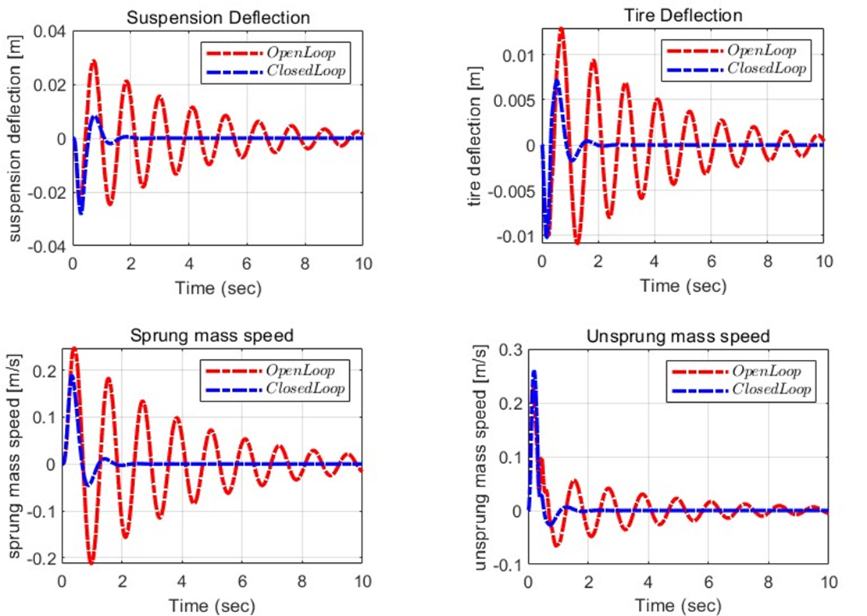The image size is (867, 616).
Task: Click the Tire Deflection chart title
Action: [x=682, y=14]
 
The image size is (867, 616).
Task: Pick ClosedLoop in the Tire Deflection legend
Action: [x=765, y=68]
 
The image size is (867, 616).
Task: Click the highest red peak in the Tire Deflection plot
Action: [x=561, y=29]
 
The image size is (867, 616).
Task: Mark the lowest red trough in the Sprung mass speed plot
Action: [x=91, y=563]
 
